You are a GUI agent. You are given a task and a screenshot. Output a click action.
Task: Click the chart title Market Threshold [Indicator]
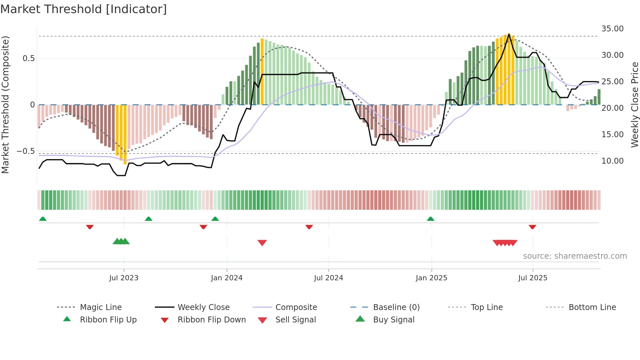[x=84, y=9]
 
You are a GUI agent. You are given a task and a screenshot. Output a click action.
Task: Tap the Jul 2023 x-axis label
[x=124, y=278]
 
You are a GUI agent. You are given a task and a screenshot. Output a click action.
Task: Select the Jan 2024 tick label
[x=227, y=278]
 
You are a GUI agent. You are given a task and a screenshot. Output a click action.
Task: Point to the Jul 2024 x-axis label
[x=328, y=278]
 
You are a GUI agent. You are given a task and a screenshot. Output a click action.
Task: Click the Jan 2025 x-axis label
[x=431, y=278]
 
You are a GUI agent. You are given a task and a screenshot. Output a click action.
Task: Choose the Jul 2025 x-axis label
[x=533, y=278]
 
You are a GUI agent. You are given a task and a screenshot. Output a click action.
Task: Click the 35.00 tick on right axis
[x=612, y=29]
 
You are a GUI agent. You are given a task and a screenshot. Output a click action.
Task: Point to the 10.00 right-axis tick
[x=612, y=161]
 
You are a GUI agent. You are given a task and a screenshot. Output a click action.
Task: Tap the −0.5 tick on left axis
[x=25, y=151]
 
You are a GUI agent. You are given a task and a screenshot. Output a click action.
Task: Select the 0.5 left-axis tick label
[x=28, y=58]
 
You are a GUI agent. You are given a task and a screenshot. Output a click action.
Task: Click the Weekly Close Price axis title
[x=634, y=105]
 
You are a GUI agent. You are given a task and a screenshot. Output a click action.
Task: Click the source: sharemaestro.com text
[x=575, y=256]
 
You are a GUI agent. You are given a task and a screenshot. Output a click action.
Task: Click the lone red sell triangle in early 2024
[x=262, y=243]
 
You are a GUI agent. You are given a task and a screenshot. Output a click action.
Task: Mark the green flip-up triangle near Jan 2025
[x=430, y=219]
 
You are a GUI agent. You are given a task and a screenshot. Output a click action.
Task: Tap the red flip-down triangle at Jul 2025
[x=532, y=227]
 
